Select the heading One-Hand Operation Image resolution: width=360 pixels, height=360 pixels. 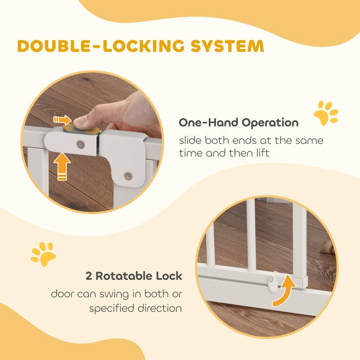[238, 122]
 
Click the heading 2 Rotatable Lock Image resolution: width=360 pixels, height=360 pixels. [134, 276]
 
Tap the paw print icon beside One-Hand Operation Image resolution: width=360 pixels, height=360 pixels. [325, 113]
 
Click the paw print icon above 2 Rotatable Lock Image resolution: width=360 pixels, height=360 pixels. [43, 254]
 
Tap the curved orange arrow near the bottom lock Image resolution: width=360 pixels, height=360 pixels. [283, 291]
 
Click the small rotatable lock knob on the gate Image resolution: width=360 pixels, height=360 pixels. [271, 279]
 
